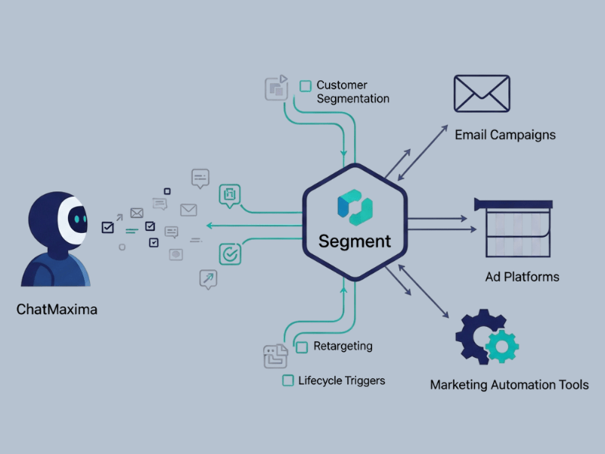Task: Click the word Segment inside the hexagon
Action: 355,241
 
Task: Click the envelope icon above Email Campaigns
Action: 482,94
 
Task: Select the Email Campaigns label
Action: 505,135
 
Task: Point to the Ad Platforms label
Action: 522,276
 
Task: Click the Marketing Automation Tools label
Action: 509,384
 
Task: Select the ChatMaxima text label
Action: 57,309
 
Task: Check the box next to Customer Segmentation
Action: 306,86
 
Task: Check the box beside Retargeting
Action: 302,347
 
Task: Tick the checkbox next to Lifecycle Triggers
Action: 287,381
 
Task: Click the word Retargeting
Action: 343,346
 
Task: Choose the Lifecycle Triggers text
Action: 341,380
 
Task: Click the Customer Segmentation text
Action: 352,92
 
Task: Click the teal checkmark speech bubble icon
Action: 230,254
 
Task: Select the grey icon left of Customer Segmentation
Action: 276,88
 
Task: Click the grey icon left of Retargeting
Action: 275,355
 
